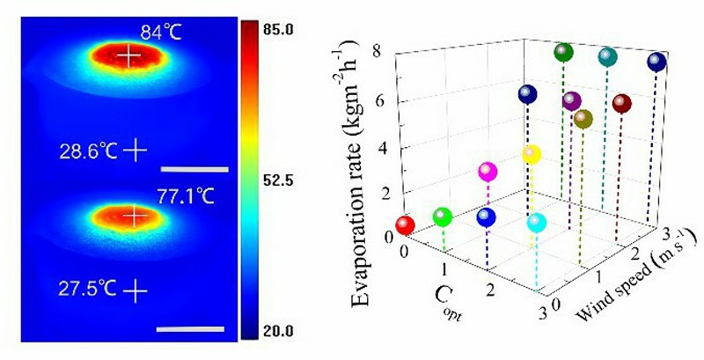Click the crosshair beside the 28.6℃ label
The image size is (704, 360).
(x=135, y=151)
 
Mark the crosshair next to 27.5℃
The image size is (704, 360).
(x=135, y=287)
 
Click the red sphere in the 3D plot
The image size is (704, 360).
(x=405, y=225)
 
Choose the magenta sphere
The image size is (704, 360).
(x=487, y=172)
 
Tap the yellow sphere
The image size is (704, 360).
(x=531, y=155)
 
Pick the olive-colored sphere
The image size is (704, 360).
(x=582, y=118)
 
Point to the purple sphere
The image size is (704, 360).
(x=572, y=100)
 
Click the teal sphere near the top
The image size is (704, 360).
(x=607, y=57)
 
